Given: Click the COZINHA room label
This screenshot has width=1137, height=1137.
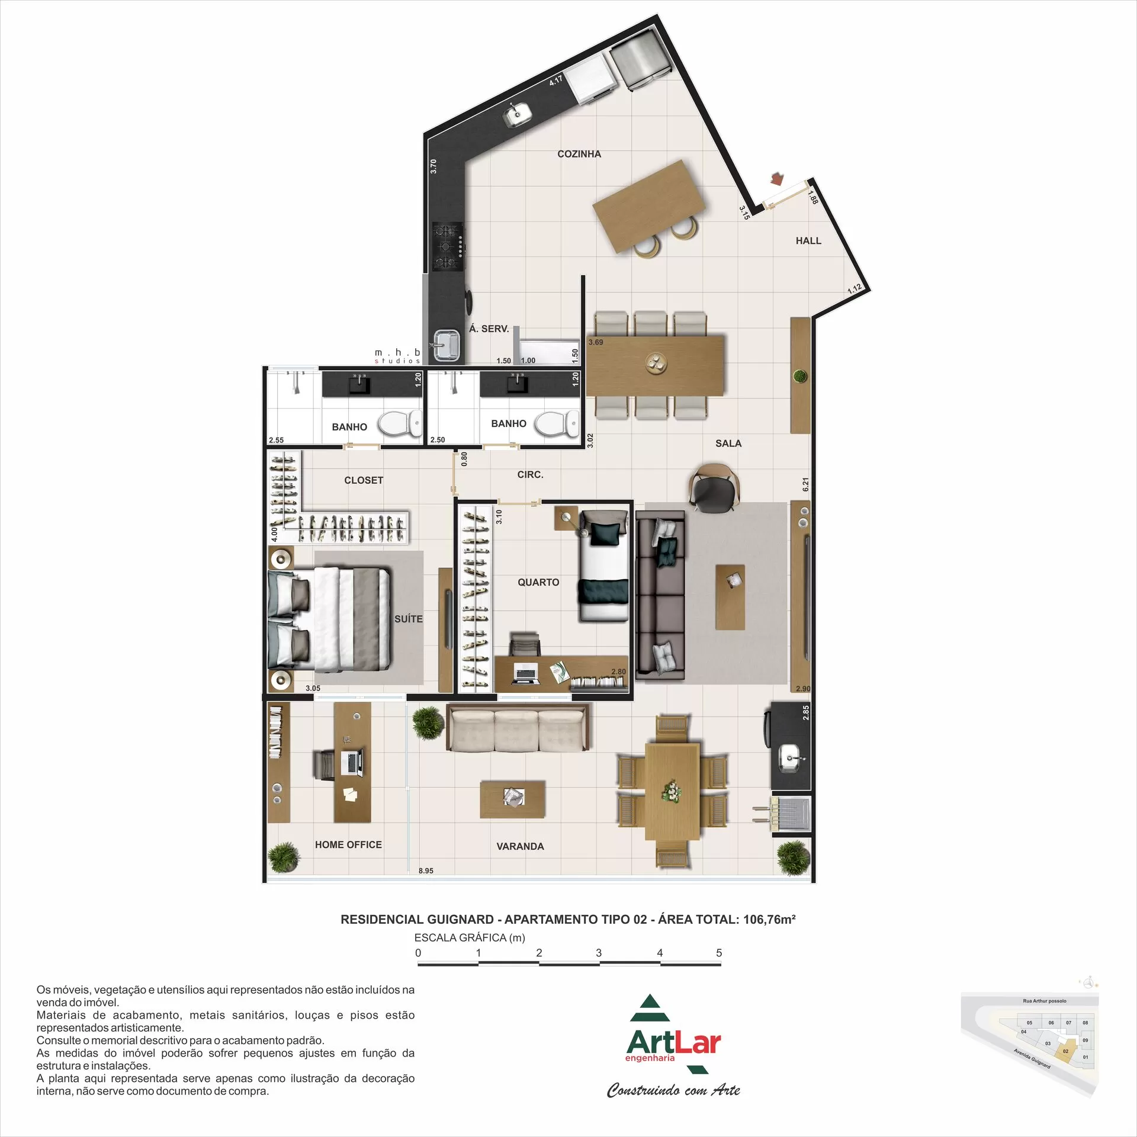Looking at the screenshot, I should (579, 154).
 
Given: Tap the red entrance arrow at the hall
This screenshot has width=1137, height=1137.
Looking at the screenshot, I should (777, 178).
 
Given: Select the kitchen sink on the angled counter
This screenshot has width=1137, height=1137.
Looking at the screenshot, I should (516, 114).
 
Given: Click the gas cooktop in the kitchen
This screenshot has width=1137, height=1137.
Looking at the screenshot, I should (448, 246).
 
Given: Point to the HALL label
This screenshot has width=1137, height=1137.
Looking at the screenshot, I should (808, 240).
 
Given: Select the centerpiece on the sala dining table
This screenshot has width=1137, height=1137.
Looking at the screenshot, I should (656, 362).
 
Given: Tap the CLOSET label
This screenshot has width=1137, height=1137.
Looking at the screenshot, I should (363, 480).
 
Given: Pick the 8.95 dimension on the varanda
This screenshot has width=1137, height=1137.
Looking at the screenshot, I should (426, 871).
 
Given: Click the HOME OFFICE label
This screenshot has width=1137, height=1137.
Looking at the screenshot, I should (348, 844).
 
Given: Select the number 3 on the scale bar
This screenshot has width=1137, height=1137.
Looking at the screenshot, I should (599, 953).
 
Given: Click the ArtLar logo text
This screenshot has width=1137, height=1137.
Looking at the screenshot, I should (673, 1042).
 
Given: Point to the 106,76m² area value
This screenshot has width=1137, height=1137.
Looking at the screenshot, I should (769, 919).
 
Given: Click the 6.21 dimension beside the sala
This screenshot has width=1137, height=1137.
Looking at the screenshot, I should (805, 484).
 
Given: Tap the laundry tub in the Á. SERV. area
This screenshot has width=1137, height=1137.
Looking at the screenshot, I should (446, 345).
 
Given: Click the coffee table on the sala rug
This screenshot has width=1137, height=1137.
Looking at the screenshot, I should (730, 597).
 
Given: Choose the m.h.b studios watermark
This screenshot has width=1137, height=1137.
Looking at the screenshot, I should (397, 356).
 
